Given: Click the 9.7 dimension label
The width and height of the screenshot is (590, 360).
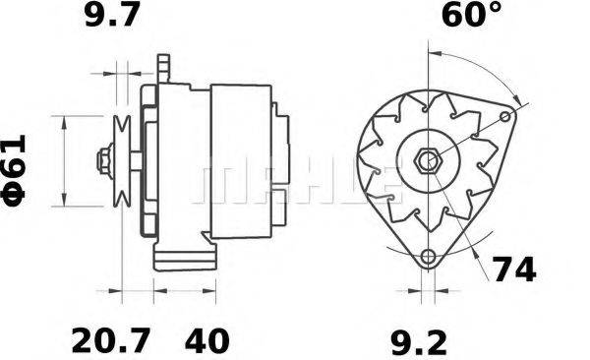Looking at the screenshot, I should click(115, 17).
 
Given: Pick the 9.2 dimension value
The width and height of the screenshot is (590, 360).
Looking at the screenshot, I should click(421, 341).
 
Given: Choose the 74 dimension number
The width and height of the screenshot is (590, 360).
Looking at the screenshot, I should click(512, 269).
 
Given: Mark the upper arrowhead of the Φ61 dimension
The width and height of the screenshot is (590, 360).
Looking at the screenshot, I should click(64, 120).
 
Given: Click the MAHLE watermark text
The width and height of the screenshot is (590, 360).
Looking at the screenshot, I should click(295, 183).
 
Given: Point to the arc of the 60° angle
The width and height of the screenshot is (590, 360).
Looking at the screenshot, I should click(482, 74).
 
